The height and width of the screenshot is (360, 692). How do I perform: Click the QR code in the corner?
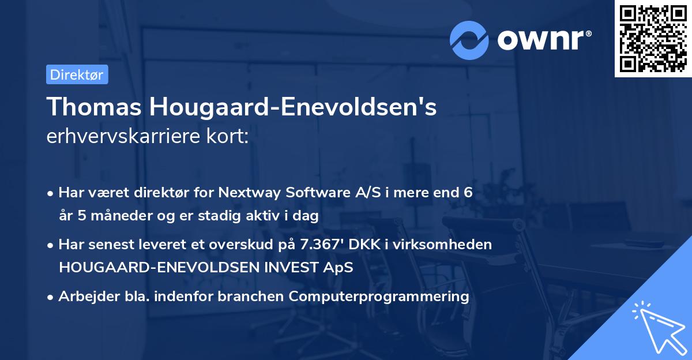point(653,39)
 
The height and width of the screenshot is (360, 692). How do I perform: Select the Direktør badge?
point(77,74)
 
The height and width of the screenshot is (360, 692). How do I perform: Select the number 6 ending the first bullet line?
point(460,193)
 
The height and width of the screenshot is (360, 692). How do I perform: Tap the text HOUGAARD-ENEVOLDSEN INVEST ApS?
point(206,268)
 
